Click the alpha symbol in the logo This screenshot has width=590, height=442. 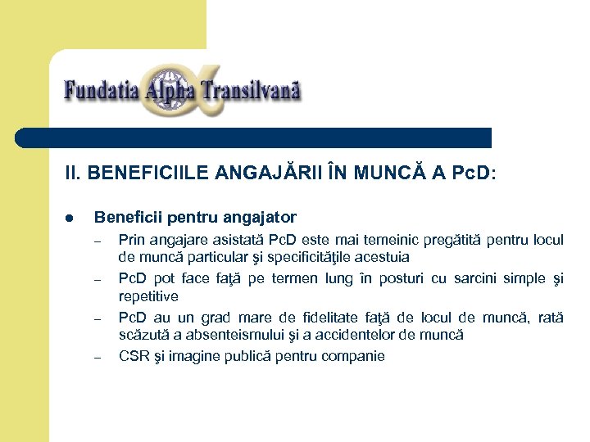click(x=181, y=88)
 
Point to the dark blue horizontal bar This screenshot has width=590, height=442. click(x=254, y=138)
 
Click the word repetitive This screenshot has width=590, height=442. click(x=148, y=296)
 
